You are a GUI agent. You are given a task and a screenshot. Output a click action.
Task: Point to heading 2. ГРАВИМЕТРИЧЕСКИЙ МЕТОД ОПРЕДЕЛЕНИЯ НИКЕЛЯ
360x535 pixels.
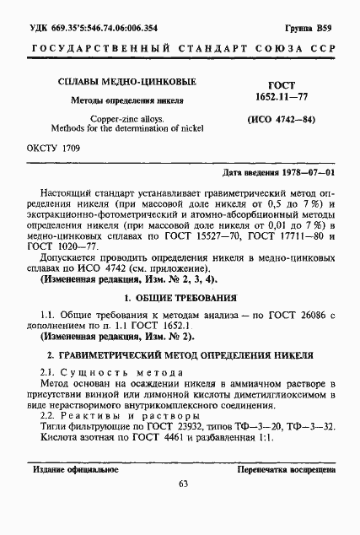coord(180,355)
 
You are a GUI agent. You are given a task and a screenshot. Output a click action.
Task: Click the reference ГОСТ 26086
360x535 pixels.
coord(294,315)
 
